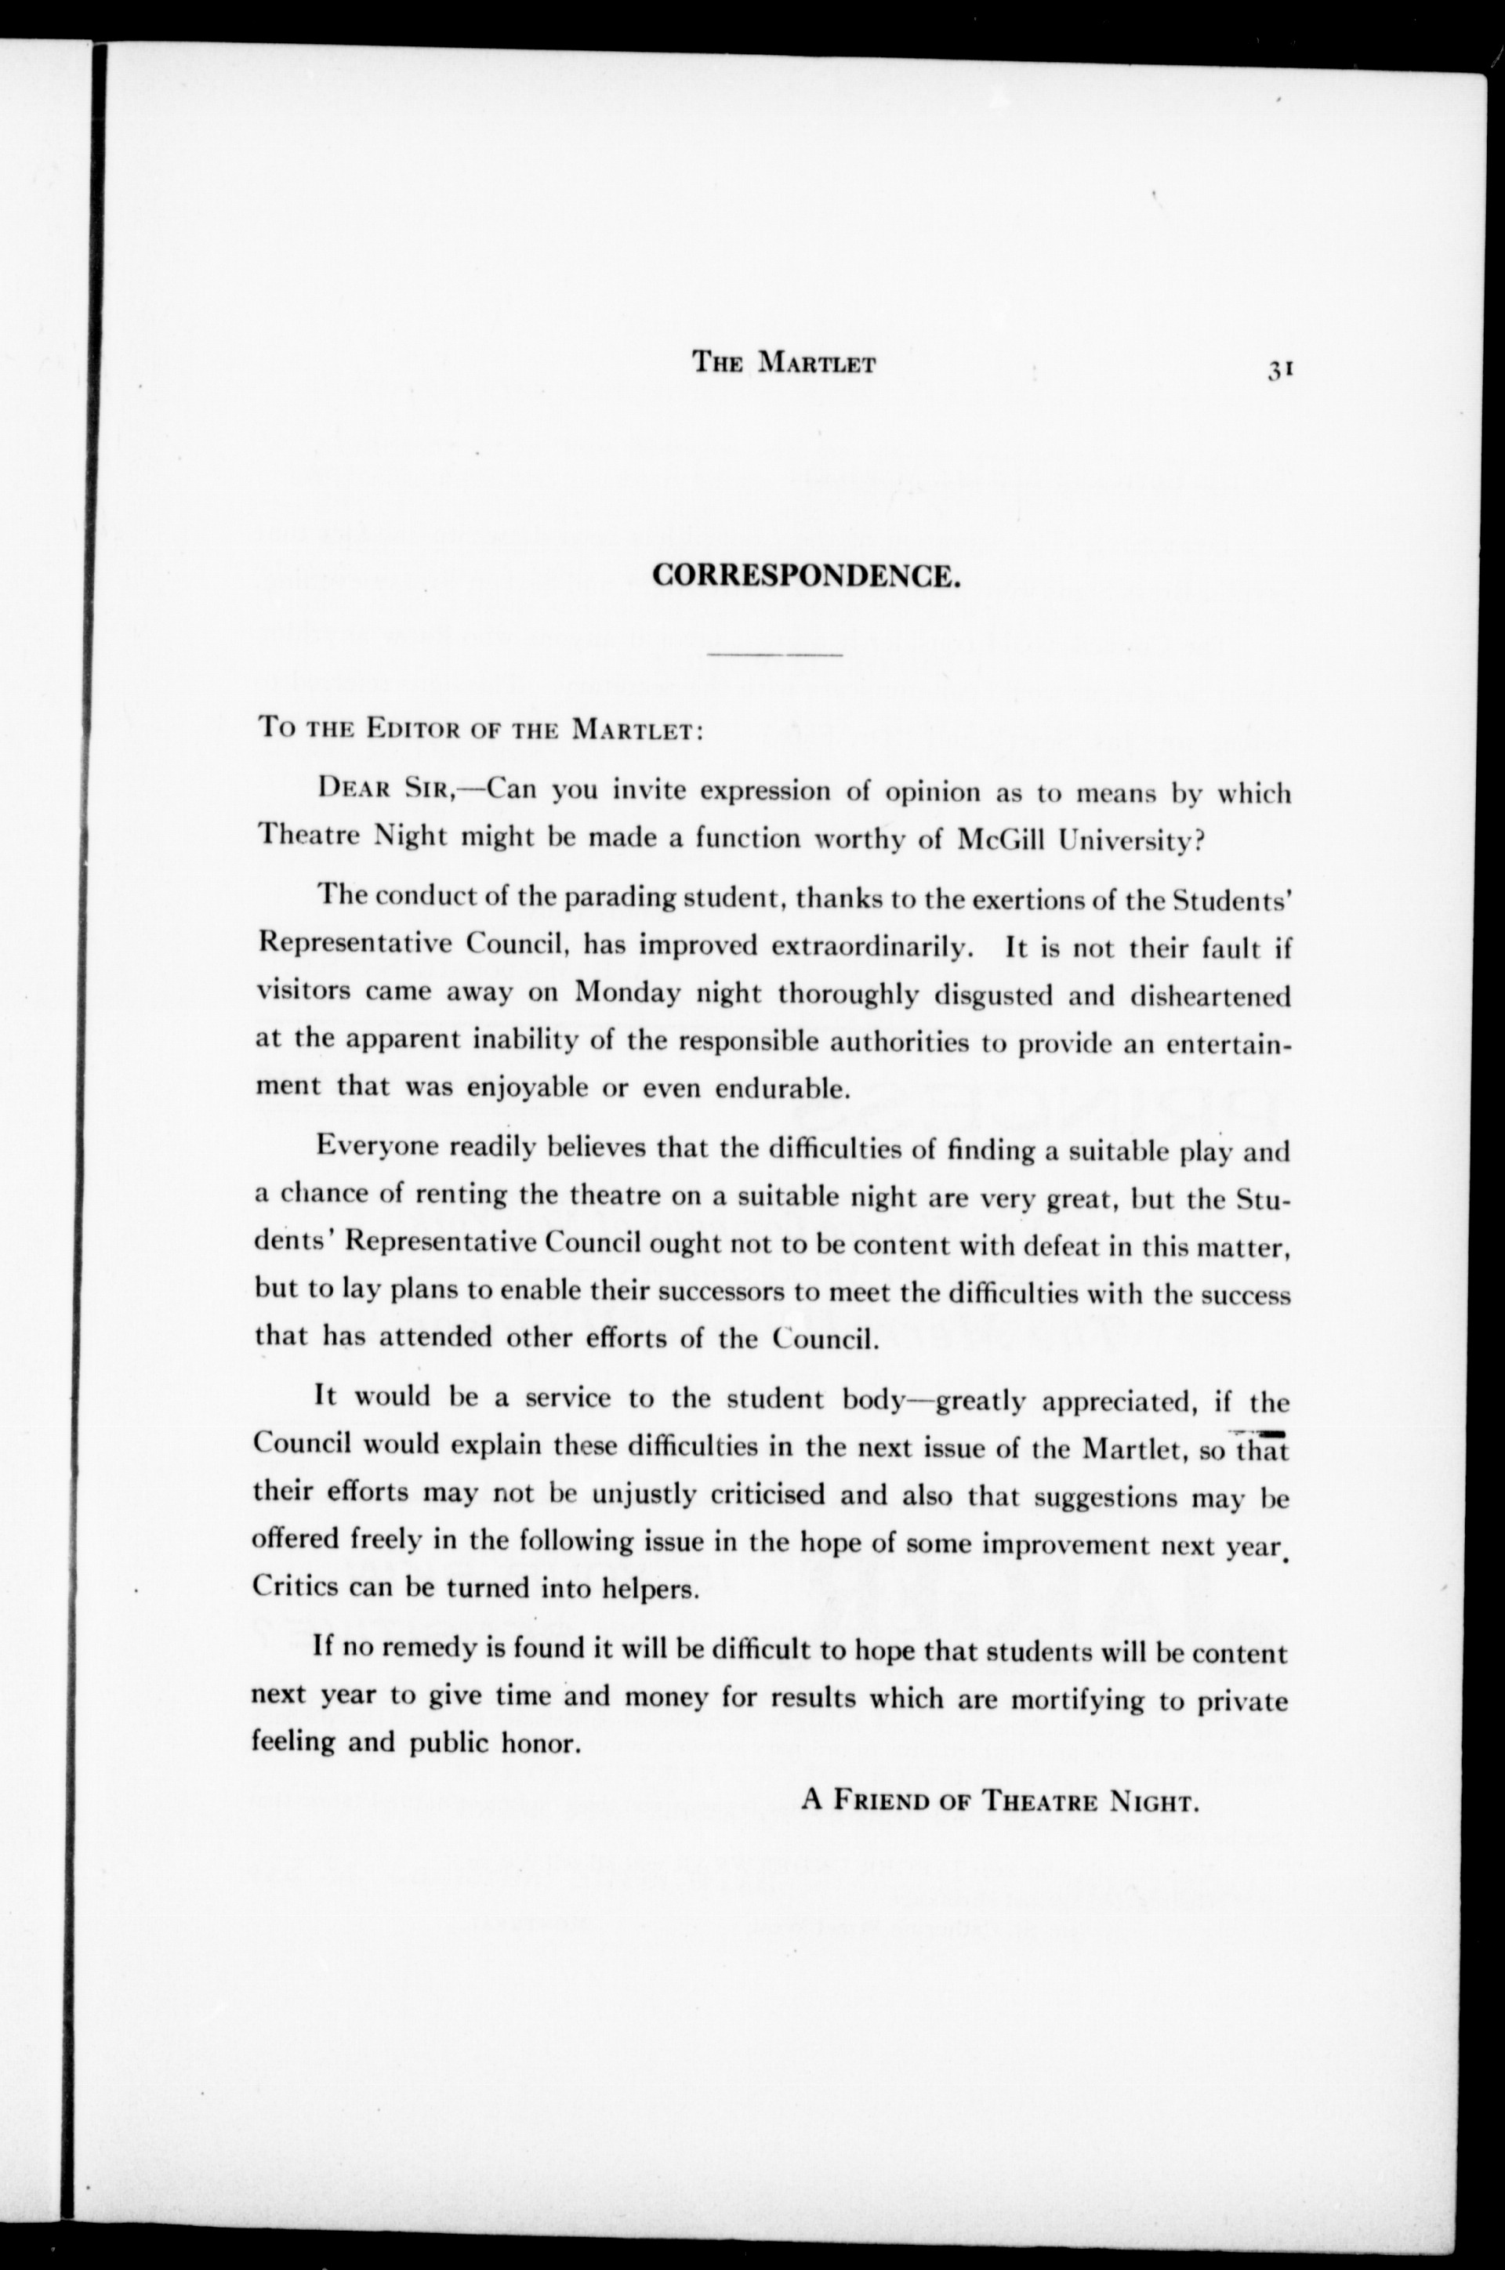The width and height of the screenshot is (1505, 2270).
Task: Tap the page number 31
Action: [x=1282, y=372]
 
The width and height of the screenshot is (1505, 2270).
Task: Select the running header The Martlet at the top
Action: [x=783, y=364]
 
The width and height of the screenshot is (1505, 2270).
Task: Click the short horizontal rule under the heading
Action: [x=774, y=655]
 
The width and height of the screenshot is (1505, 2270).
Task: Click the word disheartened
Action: [x=1209, y=995]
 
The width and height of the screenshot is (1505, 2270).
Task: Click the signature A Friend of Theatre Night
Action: [x=1001, y=1800]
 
